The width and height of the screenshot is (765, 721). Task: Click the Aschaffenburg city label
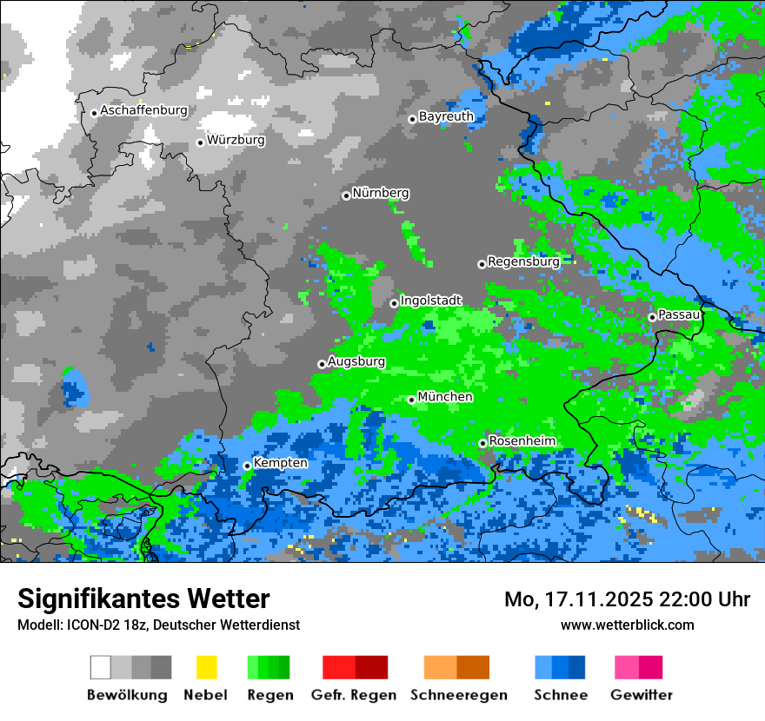(x=143, y=111)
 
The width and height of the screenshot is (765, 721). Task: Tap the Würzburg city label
(x=236, y=140)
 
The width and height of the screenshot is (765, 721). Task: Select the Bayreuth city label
(x=446, y=116)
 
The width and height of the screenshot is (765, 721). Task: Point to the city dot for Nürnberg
(x=346, y=195)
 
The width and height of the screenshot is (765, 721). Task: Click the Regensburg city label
(x=522, y=261)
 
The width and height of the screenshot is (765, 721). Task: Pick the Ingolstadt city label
(x=430, y=301)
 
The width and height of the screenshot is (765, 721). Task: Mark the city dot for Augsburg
(x=322, y=364)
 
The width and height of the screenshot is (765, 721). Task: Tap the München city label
(x=445, y=397)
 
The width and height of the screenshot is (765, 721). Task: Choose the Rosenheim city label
(x=522, y=441)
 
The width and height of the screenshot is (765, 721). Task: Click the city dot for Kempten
(x=247, y=466)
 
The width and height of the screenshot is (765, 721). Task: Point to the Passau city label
(x=679, y=314)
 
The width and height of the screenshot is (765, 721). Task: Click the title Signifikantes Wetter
(x=143, y=599)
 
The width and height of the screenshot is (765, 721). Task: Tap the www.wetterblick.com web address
(x=627, y=625)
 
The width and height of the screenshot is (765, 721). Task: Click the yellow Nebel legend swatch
(x=206, y=667)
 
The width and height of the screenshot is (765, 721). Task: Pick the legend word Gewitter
(x=642, y=695)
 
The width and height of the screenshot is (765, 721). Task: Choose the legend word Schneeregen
(x=459, y=695)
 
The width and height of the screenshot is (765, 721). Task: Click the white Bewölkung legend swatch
(x=101, y=667)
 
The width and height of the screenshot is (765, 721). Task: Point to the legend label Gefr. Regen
(x=354, y=695)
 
